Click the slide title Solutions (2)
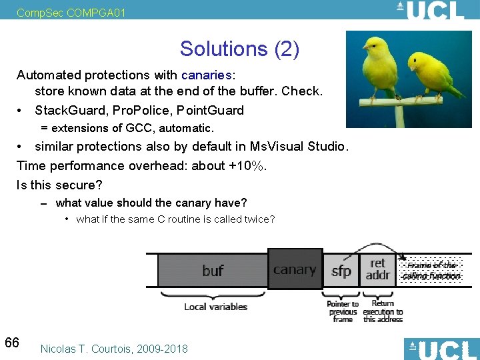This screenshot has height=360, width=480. point(239,49)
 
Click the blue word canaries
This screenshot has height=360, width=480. point(205,75)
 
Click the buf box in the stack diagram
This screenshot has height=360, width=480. point(212,271)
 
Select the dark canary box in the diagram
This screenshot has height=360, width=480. point(295,270)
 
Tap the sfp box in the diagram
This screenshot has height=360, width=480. point(341,271)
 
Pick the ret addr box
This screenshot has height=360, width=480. point(378,269)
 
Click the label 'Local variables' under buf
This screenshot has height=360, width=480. point(215,307)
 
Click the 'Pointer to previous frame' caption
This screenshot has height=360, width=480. point(343,311)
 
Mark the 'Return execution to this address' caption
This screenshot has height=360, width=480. point(383,311)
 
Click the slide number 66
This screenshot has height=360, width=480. point(12,343)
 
